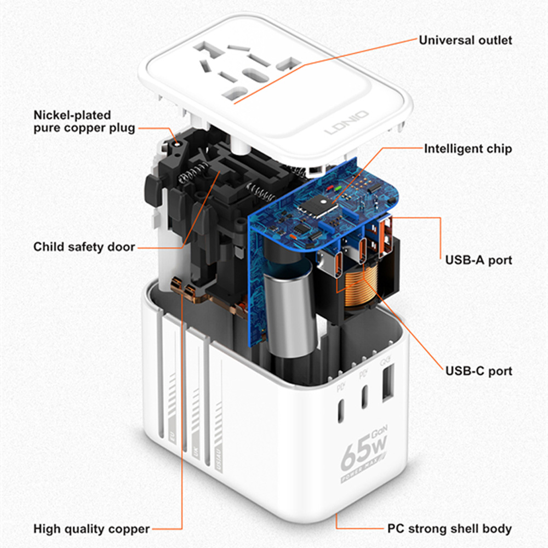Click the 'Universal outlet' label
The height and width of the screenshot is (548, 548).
click(465, 40)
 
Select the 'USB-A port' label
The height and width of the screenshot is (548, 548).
click(478, 259)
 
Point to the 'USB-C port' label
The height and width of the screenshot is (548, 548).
click(478, 371)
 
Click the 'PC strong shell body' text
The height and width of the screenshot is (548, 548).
click(449, 529)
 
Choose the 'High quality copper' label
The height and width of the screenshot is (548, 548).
click(92, 529)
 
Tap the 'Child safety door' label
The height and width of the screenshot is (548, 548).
click(84, 247)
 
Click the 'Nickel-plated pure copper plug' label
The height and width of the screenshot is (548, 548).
click(84, 122)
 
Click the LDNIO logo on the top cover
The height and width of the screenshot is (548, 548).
click(346, 123)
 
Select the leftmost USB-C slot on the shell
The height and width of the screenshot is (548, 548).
click(341, 410)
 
